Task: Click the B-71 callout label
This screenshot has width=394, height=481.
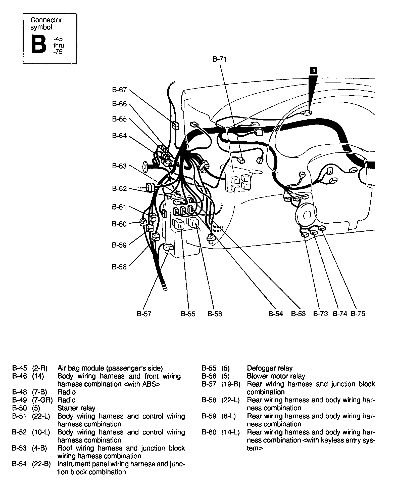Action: tap(220, 59)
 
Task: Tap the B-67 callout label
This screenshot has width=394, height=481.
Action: tap(119, 90)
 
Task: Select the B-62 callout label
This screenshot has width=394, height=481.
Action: tap(119, 188)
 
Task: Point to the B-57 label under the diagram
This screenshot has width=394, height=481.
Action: tap(144, 314)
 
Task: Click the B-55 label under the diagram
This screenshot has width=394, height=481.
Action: tap(188, 314)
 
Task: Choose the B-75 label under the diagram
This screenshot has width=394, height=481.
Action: tap(358, 313)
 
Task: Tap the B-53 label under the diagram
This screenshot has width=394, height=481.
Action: tap(298, 314)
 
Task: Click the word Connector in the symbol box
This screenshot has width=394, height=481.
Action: tap(46, 20)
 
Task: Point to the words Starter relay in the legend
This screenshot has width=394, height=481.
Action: tap(76, 408)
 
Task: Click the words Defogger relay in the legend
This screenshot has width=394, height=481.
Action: tap(270, 368)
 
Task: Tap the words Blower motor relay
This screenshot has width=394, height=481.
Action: tap(276, 376)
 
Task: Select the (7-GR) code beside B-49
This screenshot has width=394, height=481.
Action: tap(42, 400)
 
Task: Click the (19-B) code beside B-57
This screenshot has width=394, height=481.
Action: tap(231, 384)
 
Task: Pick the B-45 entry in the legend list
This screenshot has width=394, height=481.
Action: tap(19, 368)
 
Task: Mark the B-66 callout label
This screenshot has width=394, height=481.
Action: tap(119, 104)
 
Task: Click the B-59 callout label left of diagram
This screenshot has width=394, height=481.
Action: tap(119, 245)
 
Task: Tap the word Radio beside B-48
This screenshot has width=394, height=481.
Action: tap(66, 392)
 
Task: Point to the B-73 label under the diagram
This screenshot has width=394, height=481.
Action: tap(320, 313)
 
